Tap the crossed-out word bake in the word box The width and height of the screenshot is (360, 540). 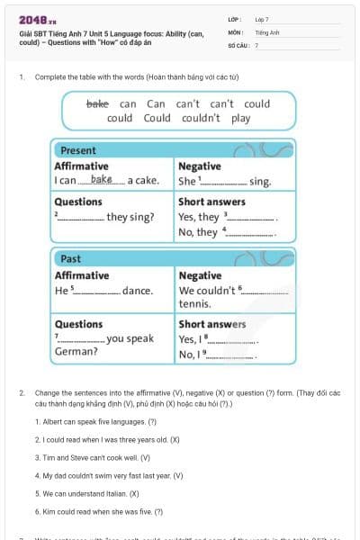click(x=96, y=103)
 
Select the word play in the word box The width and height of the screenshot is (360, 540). click(x=240, y=118)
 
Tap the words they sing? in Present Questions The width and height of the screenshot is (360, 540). click(x=130, y=217)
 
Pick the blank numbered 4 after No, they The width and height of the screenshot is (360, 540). click(x=249, y=233)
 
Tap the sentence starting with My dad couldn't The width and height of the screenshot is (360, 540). click(x=109, y=475)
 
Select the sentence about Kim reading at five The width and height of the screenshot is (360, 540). click(x=99, y=511)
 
